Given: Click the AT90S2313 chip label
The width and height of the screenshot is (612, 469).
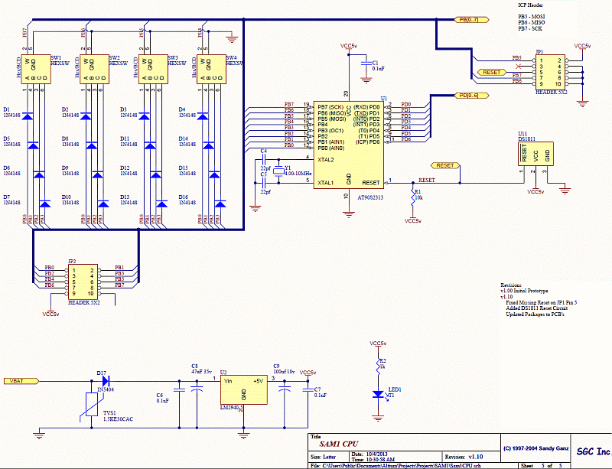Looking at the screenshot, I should click(x=371, y=197).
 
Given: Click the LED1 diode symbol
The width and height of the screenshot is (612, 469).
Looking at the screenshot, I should click(x=377, y=394).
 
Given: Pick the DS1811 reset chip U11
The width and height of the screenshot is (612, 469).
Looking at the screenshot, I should click(x=535, y=153).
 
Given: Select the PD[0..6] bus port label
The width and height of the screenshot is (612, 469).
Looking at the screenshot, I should click(x=467, y=95).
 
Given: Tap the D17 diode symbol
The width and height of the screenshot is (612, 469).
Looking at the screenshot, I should click(x=105, y=380).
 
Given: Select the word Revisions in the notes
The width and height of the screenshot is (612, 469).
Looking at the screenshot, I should click(x=513, y=284).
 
